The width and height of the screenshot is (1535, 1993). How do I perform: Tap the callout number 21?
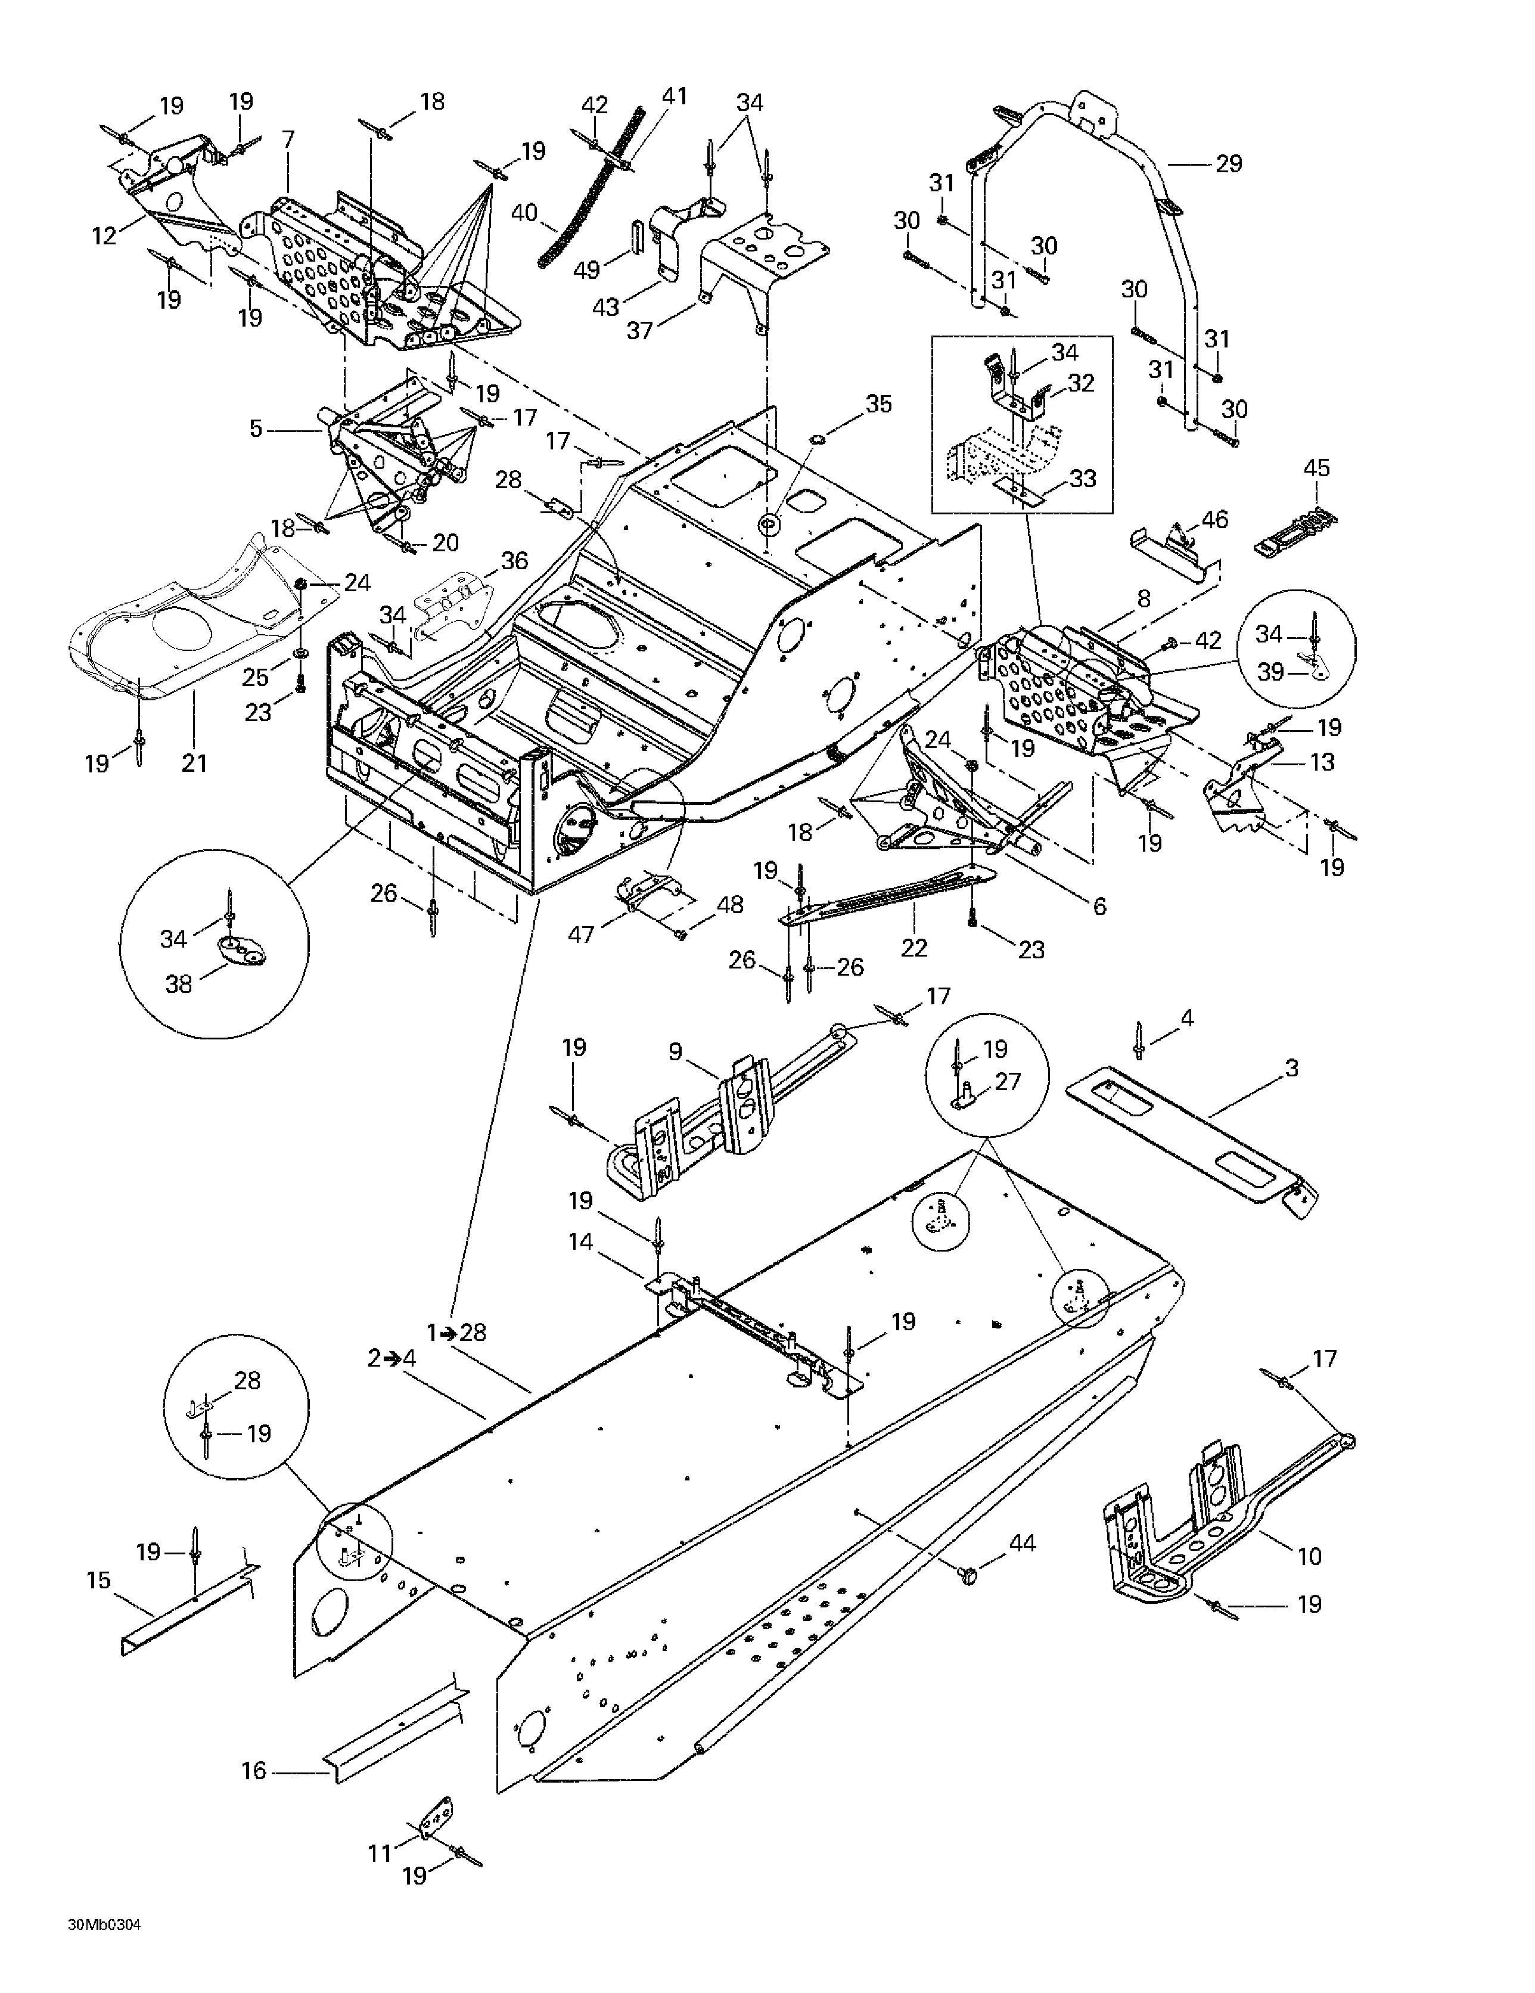pos(194,762)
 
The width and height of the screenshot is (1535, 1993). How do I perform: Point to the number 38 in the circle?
pos(179,984)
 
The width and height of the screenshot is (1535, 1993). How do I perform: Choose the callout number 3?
pos(1291,1067)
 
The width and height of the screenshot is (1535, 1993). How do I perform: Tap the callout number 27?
pos(1008,1081)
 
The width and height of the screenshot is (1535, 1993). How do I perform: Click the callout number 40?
pos(524,213)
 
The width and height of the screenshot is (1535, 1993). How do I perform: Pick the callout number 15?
pos(98,1579)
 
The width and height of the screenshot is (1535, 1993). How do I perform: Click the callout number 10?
pos(1309,1556)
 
